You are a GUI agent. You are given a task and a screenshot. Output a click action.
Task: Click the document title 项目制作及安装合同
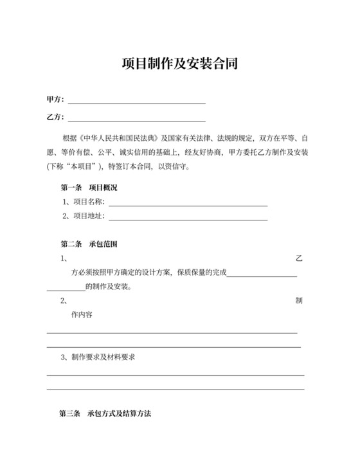tap(179, 64)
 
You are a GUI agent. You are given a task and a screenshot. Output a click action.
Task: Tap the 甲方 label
tap(55, 100)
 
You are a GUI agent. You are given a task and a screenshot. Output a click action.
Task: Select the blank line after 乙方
tap(136, 120)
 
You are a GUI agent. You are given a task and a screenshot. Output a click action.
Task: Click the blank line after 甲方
tap(136, 102)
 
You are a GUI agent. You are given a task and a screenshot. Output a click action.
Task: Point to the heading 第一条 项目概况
tap(88, 188)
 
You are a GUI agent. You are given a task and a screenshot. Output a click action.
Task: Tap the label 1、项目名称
tap(84, 202)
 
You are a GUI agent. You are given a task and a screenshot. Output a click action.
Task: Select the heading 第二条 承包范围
tap(88, 244)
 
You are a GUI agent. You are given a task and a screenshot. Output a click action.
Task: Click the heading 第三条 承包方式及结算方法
tap(105, 414)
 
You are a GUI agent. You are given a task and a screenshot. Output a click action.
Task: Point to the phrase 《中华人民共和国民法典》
tap(119, 138)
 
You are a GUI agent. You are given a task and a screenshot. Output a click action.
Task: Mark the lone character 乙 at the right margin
tap(298, 258)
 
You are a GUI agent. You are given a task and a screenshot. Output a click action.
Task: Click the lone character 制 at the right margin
tap(298, 301)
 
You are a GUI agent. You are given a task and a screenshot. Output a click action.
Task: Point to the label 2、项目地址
tap(84, 216)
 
